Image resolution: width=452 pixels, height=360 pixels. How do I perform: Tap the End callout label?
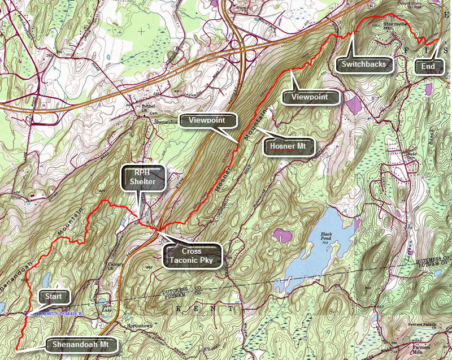pos(428,67)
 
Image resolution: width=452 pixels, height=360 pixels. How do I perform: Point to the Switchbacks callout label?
pos(363,64)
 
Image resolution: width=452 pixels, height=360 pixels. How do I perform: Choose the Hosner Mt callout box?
pos(290,147)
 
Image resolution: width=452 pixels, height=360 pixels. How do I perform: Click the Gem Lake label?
pos(103,305)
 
